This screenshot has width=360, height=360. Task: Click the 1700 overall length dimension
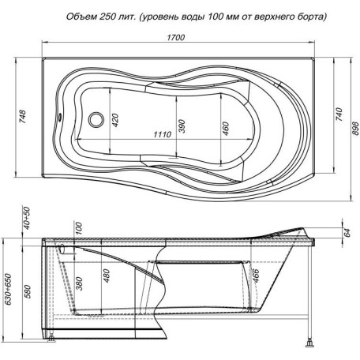point(176,37)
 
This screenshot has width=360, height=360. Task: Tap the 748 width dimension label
point(23,117)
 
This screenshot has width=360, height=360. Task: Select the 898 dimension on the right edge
point(355,128)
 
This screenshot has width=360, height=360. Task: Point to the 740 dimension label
point(339,114)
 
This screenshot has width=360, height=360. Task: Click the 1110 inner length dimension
point(163,134)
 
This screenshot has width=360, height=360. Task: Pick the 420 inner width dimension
point(115,120)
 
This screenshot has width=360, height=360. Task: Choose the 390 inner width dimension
point(182,126)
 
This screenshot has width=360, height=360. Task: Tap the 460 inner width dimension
point(226,128)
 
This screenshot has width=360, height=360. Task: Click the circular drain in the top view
point(96,120)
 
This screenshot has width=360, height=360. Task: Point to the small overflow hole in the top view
point(60,117)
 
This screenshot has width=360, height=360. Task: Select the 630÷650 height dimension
point(9,289)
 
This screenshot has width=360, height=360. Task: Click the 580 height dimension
point(28,291)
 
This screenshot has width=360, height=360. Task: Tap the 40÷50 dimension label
point(27,218)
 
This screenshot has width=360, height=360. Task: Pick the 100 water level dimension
point(79,228)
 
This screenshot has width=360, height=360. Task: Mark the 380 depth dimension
point(79,283)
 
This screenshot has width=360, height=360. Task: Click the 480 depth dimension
point(107,276)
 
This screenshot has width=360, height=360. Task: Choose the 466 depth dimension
point(255,276)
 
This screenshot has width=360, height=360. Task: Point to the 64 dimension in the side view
point(347,232)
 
